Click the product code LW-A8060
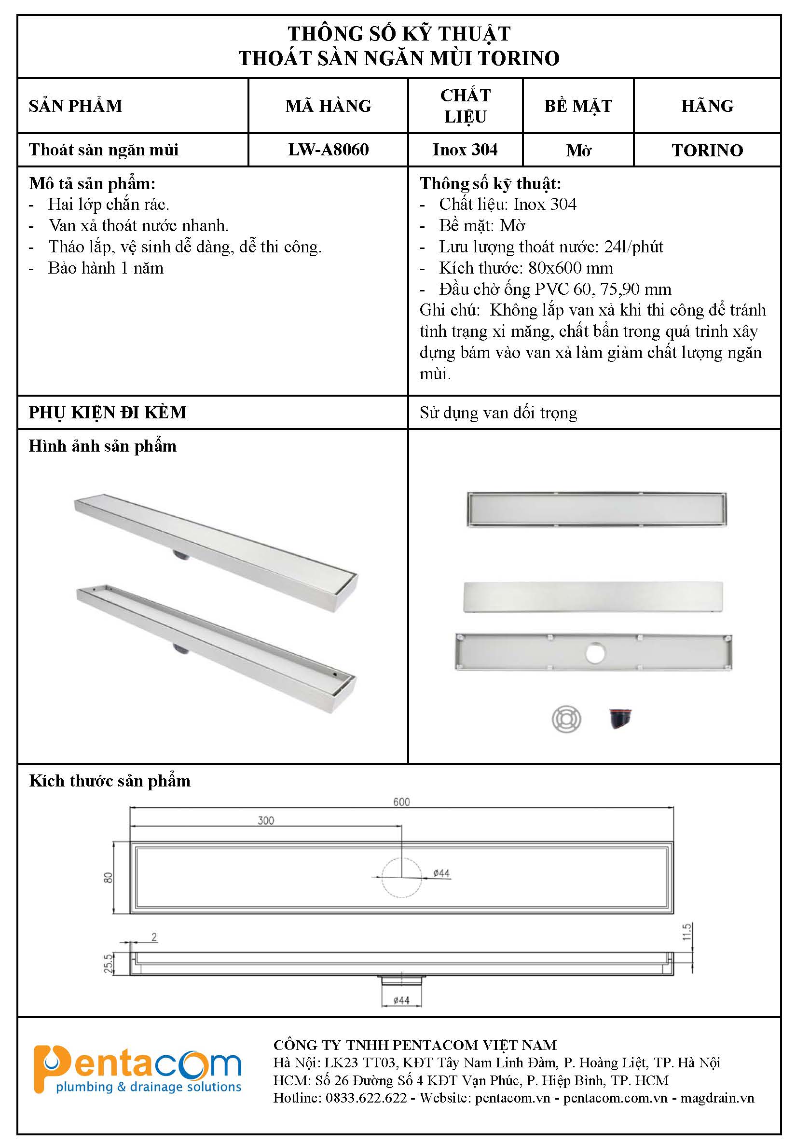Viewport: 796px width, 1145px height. (x=328, y=150)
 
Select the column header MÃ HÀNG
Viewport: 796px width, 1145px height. (x=328, y=106)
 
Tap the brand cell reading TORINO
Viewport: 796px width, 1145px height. (x=707, y=150)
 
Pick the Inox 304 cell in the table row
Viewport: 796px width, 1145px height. (x=465, y=150)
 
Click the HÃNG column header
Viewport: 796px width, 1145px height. (x=707, y=106)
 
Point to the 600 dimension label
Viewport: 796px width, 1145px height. (x=401, y=802)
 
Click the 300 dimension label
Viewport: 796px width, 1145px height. (x=266, y=820)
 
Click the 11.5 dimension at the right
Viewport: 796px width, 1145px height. (x=687, y=932)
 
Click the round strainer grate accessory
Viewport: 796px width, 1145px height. (x=566, y=719)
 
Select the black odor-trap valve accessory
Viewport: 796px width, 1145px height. (x=620, y=718)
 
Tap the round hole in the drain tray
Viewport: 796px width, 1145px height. (x=595, y=653)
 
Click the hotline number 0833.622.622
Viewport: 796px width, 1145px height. (x=366, y=1098)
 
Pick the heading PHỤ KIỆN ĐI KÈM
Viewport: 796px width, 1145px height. (x=108, y=413)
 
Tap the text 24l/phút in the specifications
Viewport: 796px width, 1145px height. (x=633, y=247)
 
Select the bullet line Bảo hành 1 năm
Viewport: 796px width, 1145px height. (x=106, y=268)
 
